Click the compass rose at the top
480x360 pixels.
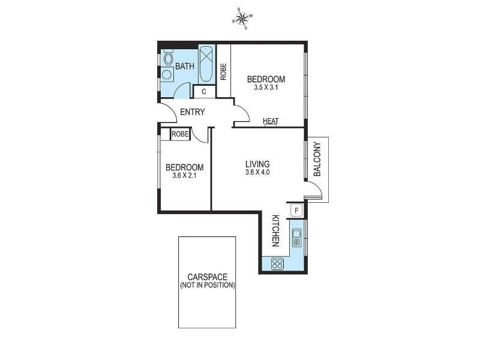click(x=243, y=19)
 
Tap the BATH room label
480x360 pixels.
click(x=184, y=66)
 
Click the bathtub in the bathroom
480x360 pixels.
click(x=206, y=64)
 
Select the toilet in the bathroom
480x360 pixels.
click(x=168, y=59)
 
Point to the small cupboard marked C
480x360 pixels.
click(x=204, y=92)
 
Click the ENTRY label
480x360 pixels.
click(x=193, y=112)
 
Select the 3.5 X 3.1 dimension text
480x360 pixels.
click(x=266, y=88)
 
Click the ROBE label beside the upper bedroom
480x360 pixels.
click(x=223, y=72)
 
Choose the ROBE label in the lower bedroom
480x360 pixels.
click(x=180, y=134)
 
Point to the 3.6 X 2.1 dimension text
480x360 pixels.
click(x=184, y=176)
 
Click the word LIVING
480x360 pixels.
click(x=257, y=163)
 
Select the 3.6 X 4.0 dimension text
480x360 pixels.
click(x=257, y=172)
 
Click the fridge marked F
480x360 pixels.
click(x=296, y=211)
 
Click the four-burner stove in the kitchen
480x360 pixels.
click(x=277, y=263)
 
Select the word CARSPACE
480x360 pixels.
click(x=208, y=277)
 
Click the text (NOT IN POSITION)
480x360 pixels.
click(x=208, y=286)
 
